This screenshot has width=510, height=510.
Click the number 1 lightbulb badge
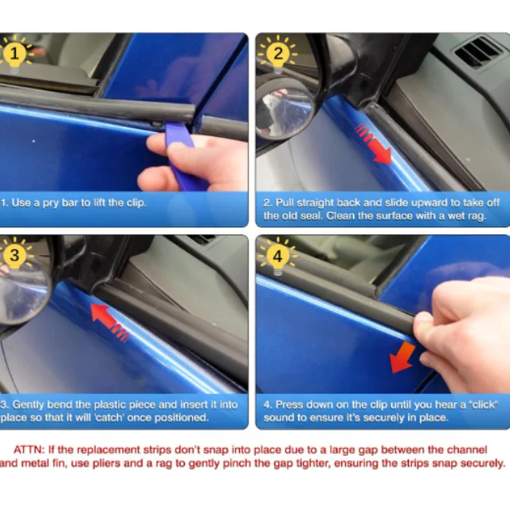pyautogui.click(x=14, y=53)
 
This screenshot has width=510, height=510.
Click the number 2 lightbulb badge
pyautogui.click(x=278, y=53)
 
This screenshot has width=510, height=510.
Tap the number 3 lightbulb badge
pyautogui.click(x=14, y=256)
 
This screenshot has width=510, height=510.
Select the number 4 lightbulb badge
pyautogui.click(x=277, y=257)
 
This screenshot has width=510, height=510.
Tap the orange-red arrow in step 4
pyautogui.click(x=402, y=357)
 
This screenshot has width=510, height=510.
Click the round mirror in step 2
pyautogui.click(x=284, y=110)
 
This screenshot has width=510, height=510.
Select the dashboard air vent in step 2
pyautogui.click(x=476, y=51)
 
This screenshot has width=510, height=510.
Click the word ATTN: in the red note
pyautogui.click(x=29, y=449)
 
